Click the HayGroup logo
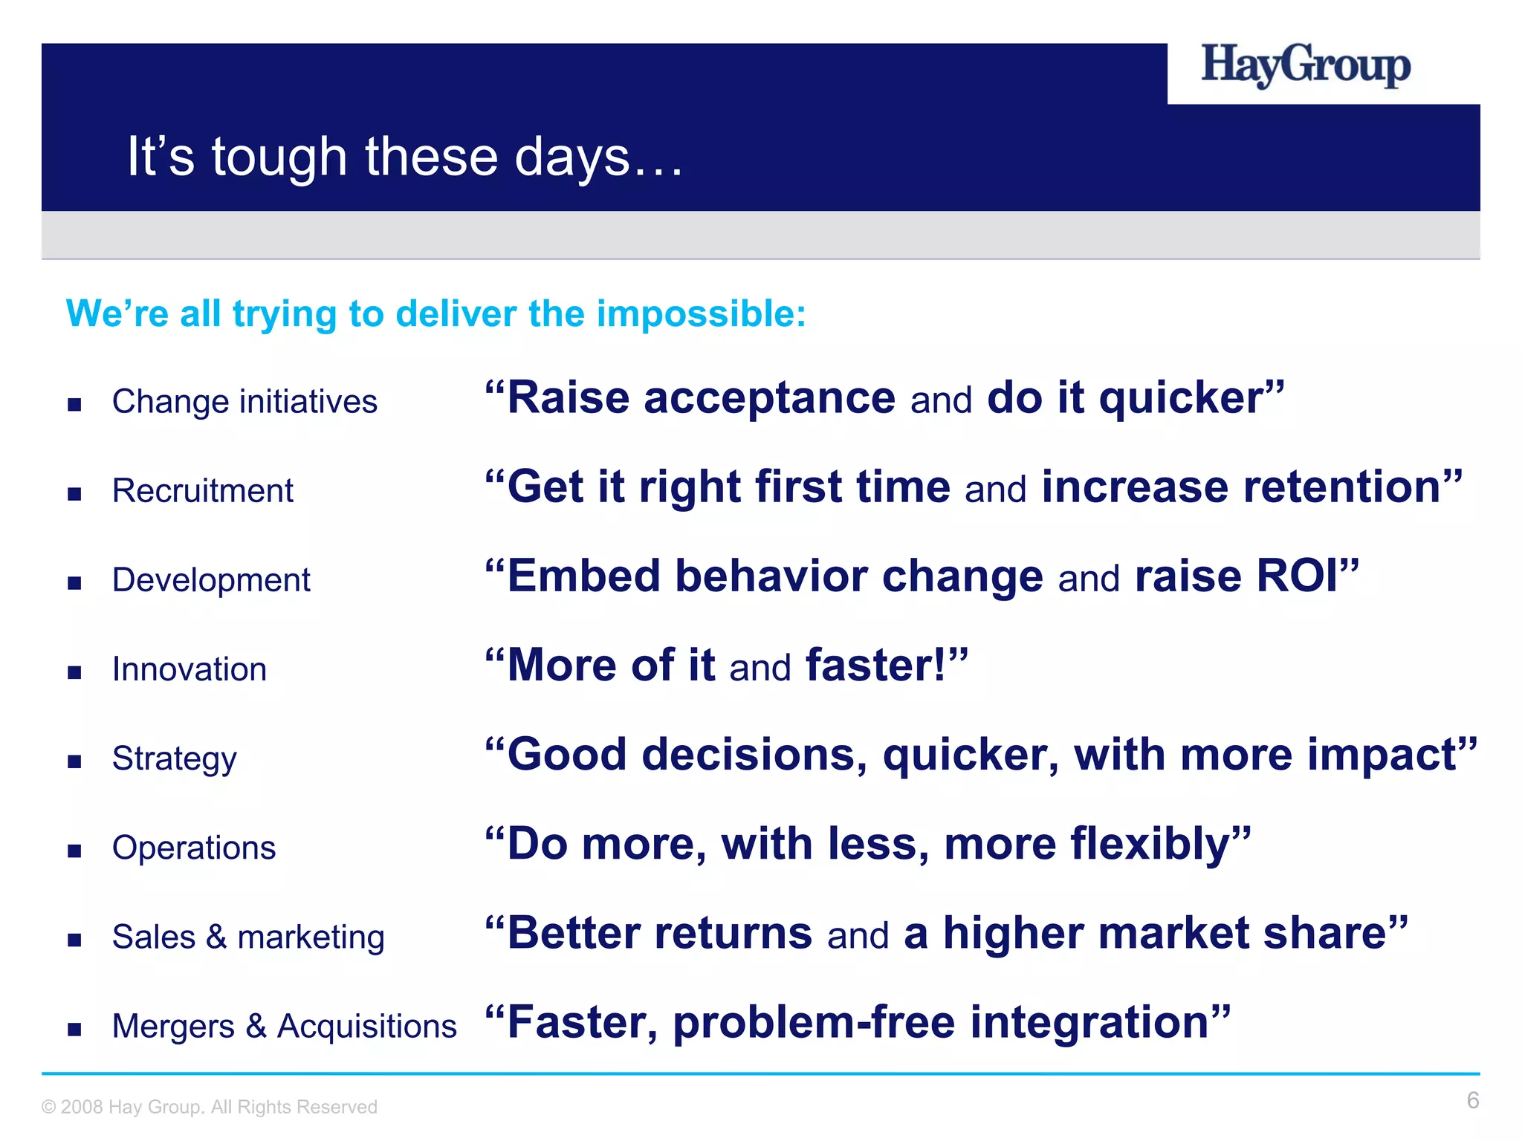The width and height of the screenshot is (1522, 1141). point(1305,66)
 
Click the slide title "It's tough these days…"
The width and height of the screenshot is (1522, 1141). point(405,157)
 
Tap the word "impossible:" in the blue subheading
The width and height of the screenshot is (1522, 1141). point(701,313)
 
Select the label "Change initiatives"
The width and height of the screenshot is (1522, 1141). point(245,402)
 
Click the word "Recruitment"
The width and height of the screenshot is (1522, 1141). point(202,491)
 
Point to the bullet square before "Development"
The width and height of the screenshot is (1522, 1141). point(74,583)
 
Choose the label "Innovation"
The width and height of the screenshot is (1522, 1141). point(189,669)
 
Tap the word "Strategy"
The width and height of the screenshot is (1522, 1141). point(174,759)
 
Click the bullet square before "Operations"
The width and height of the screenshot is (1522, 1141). point(74,851)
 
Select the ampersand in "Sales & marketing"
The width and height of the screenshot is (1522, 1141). point(216,937)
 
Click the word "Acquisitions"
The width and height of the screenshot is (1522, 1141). point(366,1027)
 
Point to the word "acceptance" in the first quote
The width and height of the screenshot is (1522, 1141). point(769,399)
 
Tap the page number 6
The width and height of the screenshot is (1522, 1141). point(1472,1100)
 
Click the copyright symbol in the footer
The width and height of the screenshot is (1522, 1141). point(49,1108)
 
